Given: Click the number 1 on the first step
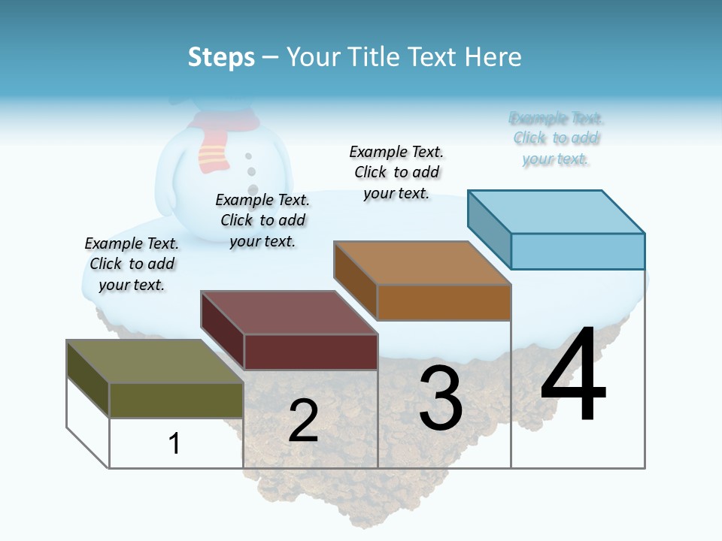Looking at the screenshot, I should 174,443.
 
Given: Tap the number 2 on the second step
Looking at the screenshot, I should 303,421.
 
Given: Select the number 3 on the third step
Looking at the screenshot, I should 441,398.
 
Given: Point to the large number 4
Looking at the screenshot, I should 573,376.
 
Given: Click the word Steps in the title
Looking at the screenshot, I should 221,57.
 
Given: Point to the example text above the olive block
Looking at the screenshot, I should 132,264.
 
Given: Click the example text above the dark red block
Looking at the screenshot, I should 262,220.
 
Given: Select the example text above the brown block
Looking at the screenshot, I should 396,172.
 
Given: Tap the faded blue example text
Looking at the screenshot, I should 557,138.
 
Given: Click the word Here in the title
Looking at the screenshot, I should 493,57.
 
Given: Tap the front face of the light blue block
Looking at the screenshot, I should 578,251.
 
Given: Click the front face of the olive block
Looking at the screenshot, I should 176,400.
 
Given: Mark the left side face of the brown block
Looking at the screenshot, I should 355,281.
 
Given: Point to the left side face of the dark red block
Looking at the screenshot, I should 222,331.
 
